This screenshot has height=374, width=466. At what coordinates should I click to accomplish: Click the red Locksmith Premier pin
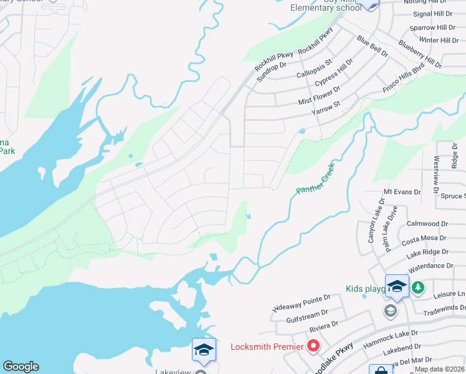pos(313,345)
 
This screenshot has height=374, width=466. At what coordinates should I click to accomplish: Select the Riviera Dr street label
pos(325,324)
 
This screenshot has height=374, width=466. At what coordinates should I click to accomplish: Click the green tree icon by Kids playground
pos(418,287)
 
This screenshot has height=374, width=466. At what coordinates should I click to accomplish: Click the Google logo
pos(21,367)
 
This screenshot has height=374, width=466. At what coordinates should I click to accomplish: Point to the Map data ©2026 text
pos(439,369)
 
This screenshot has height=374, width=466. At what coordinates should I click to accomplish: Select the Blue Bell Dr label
pos(372,47)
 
